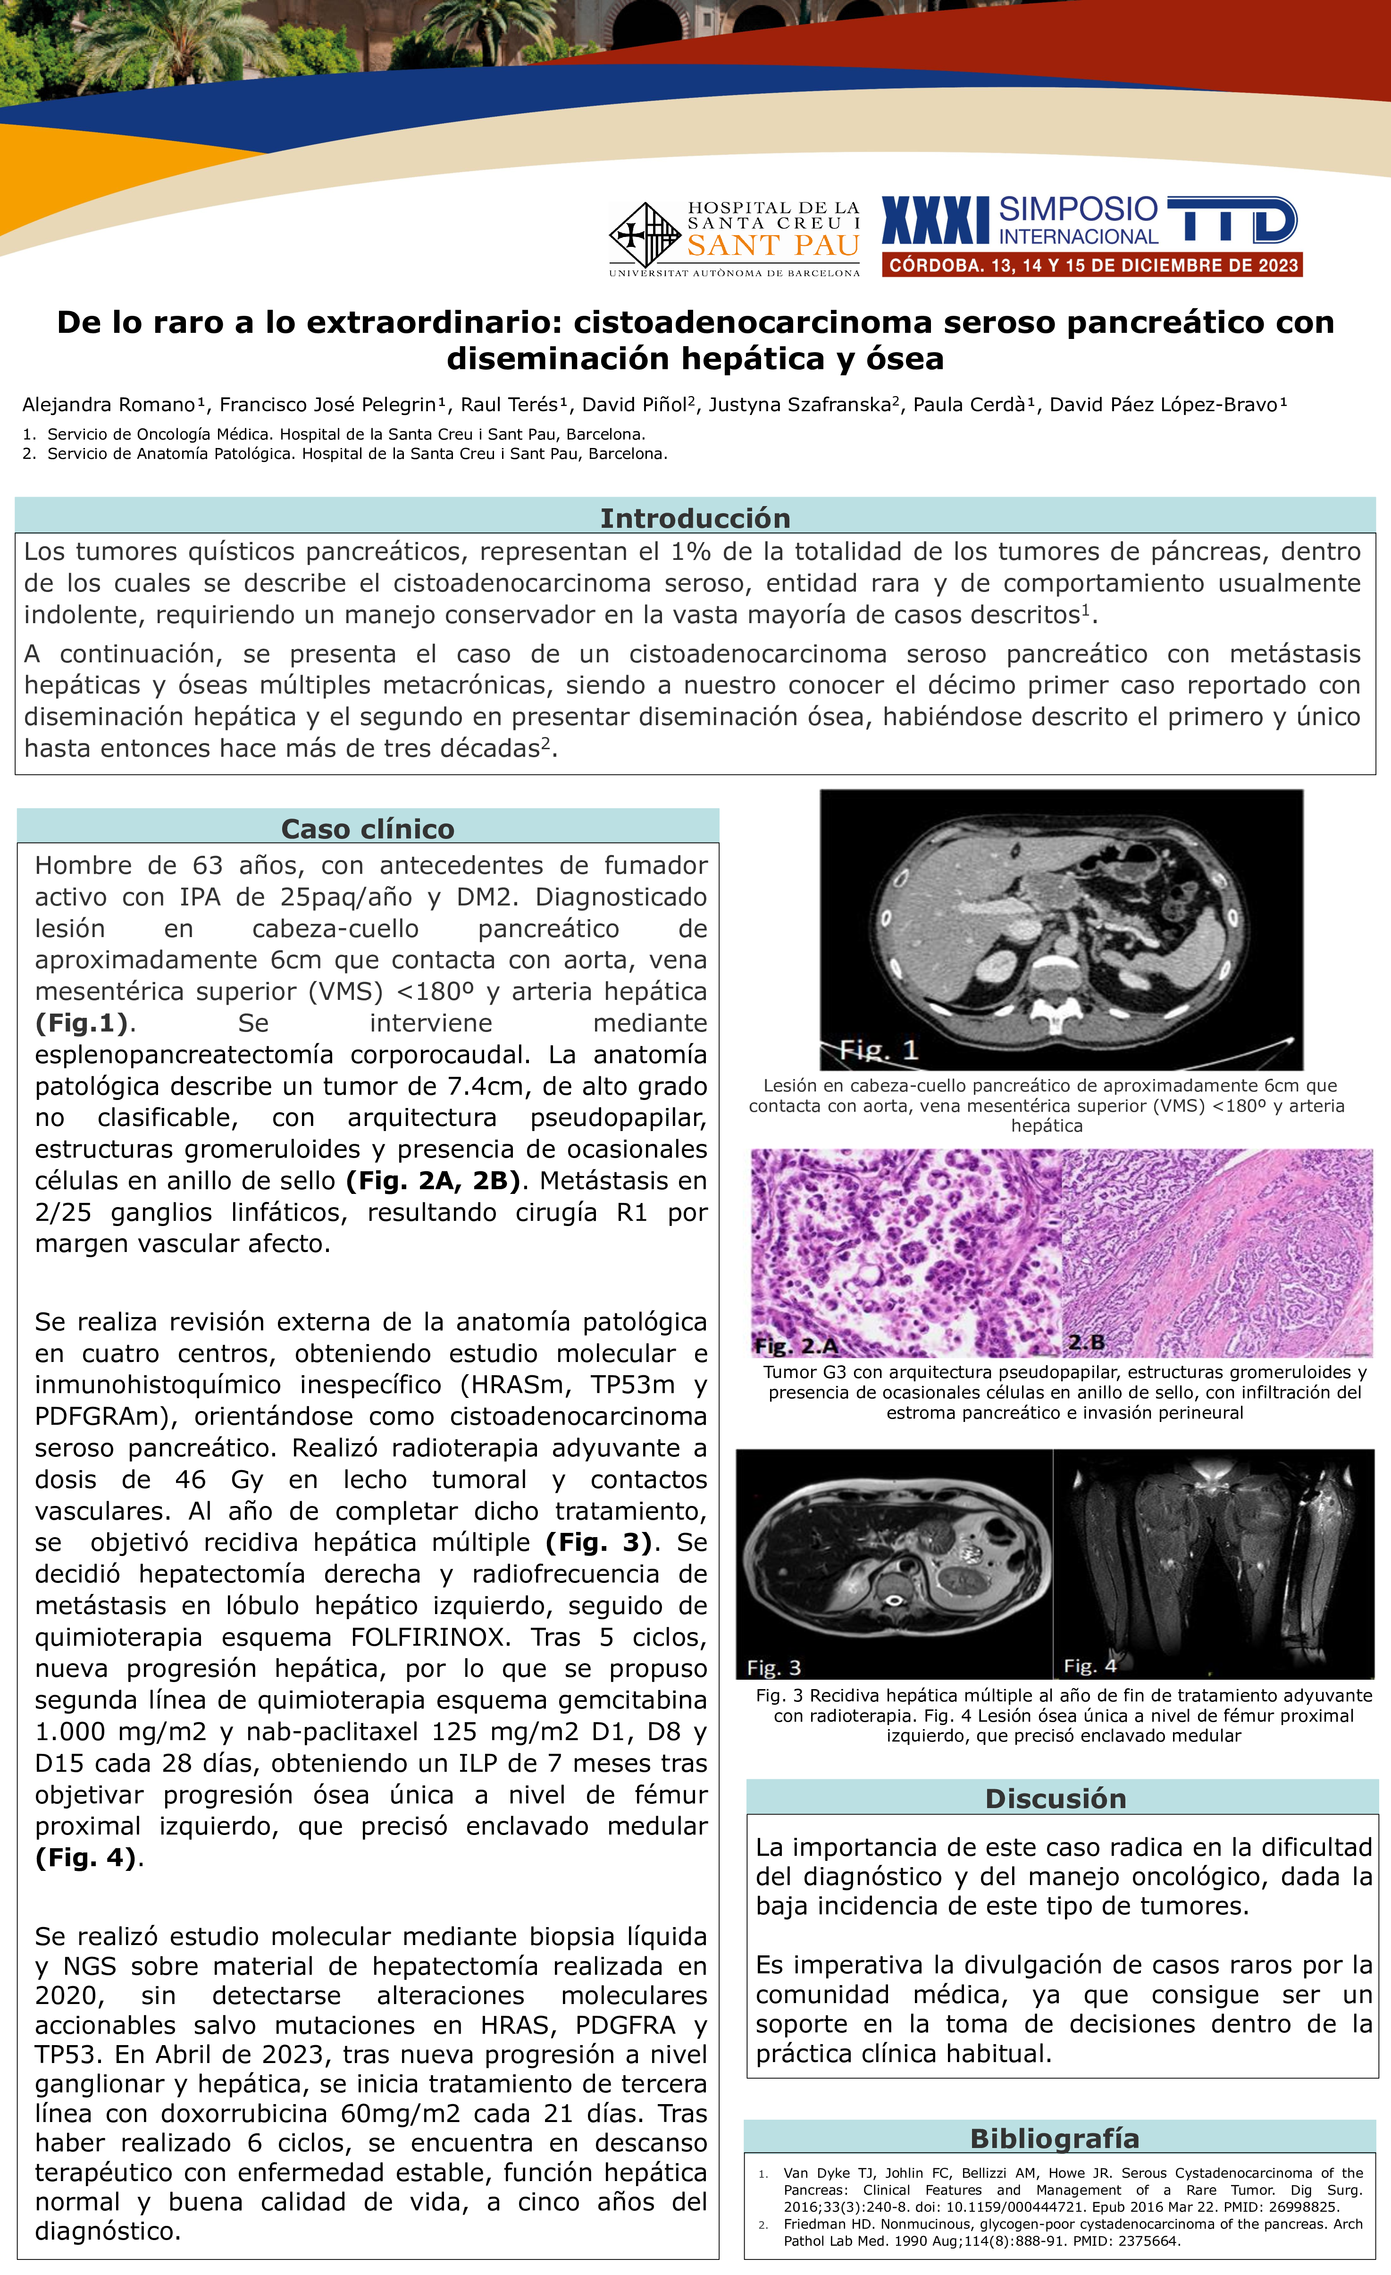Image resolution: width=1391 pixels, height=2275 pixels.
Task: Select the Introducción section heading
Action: tap(695, 518)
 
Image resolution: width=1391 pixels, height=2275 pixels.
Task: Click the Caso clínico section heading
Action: tap(368, 828)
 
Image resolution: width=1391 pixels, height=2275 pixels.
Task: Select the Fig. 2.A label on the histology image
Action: tap(796, 1345)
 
